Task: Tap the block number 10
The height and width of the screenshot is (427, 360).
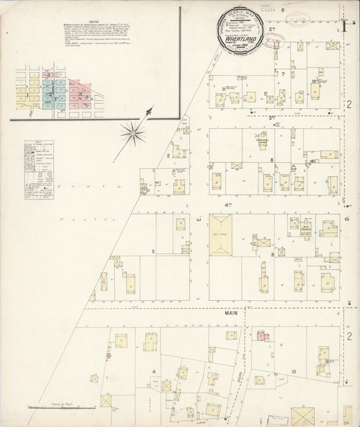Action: point(294,372)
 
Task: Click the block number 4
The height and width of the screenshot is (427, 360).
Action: point(154,372)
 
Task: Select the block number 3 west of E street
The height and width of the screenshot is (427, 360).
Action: point(154,252)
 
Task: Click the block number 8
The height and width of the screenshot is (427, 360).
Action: point(271,160)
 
